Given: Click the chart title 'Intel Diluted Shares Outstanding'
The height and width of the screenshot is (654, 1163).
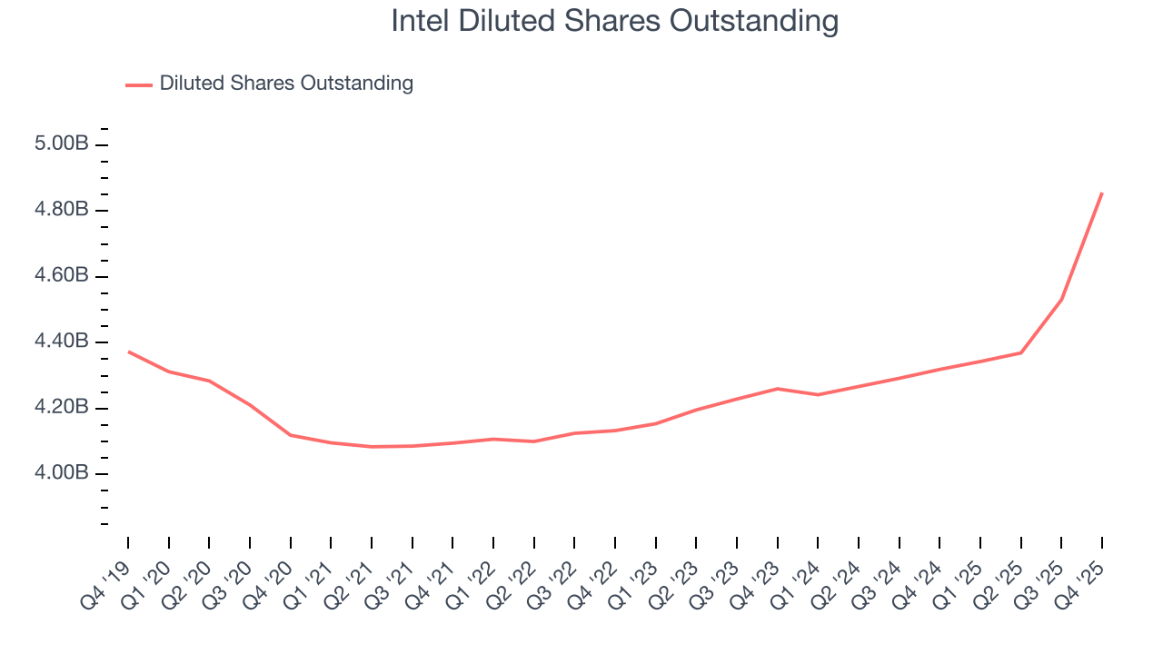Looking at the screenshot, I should [x=614, y=20].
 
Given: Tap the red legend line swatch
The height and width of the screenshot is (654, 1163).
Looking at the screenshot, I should [x=139, y=84].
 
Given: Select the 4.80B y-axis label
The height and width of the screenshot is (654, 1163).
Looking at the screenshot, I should [x=63, y=210].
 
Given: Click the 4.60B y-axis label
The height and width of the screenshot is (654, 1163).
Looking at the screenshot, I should [x=63, y=276].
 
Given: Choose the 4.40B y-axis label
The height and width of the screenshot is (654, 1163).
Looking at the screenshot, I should [x=63, y=342].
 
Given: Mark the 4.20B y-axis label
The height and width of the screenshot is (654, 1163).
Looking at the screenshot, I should [x=63, y=407].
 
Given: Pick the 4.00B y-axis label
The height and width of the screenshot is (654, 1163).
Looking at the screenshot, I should [x=63, y=473].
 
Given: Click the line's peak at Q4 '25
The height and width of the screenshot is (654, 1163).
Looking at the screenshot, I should [x=1102, y=193].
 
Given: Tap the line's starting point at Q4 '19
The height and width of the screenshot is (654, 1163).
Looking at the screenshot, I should [x=128, y=352].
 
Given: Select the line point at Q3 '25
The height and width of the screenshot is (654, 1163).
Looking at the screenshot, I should [x=1061, y=299].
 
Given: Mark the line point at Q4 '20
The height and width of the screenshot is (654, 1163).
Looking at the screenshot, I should [x=291, y=435].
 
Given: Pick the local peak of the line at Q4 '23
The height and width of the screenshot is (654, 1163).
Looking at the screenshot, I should [x=778, y=389].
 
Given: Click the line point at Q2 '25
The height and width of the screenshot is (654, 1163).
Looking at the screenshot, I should [x=1021, y=352].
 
